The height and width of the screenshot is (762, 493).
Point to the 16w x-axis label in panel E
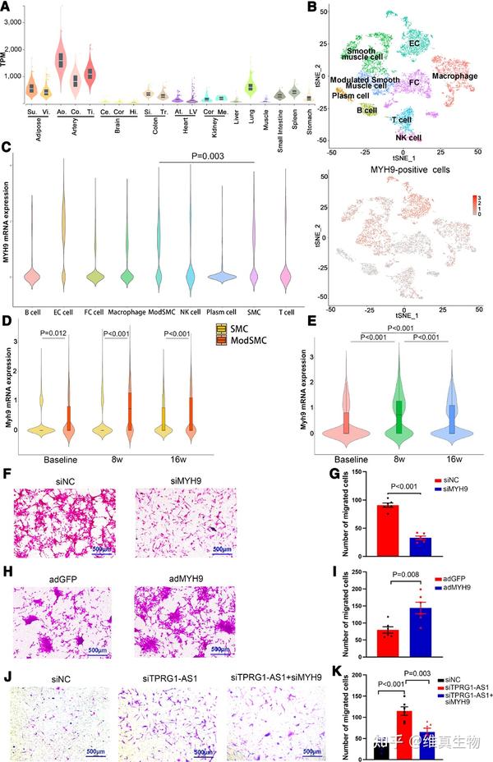(x=452, y=459)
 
